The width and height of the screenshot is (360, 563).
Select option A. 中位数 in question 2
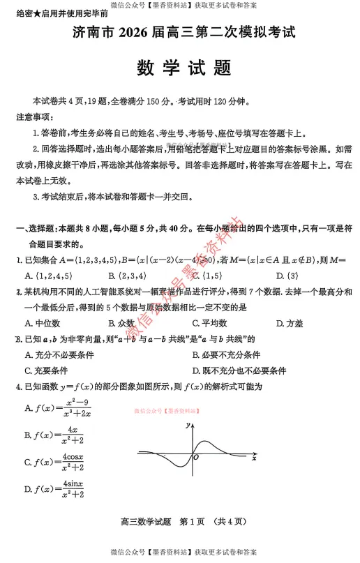click(x=42, y=323)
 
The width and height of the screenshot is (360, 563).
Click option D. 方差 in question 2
click(x=289, y=323)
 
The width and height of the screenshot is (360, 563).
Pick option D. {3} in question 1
click(x=287, y=276)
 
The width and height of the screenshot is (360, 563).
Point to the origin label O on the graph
click(x=196, y=458)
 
